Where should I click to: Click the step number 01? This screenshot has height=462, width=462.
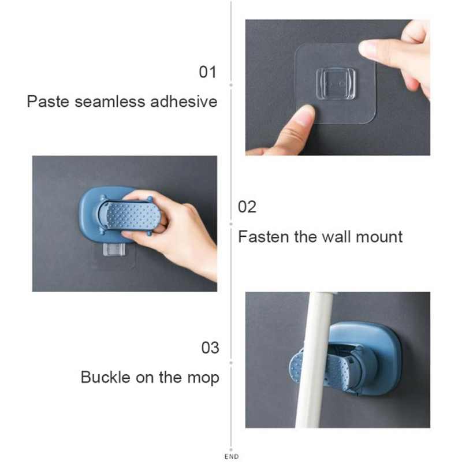pyautogui.click(x=208, y=72)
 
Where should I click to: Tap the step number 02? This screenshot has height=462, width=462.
pyautogui.click(x=247, y=207)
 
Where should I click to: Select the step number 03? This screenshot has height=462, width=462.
pyautogui.click(x=210, y=348)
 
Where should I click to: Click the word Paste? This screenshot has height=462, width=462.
pyautogui.click(x=49, y=102)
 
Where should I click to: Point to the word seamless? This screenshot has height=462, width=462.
pyautogui.click(x=110, y=102)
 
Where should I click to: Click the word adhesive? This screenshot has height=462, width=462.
pyautogui.click(x=184, y=102)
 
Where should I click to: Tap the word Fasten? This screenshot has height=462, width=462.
pyautogui.click(x=263, y=237)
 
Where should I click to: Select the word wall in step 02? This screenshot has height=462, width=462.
pyautogui.click(x=336, y=237)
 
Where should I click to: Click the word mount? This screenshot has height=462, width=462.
pyautogui.click(x=379, y=237)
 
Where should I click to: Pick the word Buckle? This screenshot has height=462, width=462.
pyautogui.click(x=106, y=377)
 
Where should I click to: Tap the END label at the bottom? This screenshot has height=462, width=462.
pyautogui.click(x=232, y=457)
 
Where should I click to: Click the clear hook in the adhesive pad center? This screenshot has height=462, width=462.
pyautogui.click(x=336, y=84)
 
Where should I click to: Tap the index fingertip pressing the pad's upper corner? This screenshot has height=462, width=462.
pyautogui.click(x=366, y=49)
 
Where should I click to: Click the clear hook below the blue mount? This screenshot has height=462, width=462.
pyautogui.click(x=114, y=249)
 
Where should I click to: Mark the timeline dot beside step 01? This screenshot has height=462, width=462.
pyautogui.click(x=231, y=85)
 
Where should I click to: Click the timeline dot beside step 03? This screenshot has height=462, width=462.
pyautogui.click(x=231, y=363)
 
